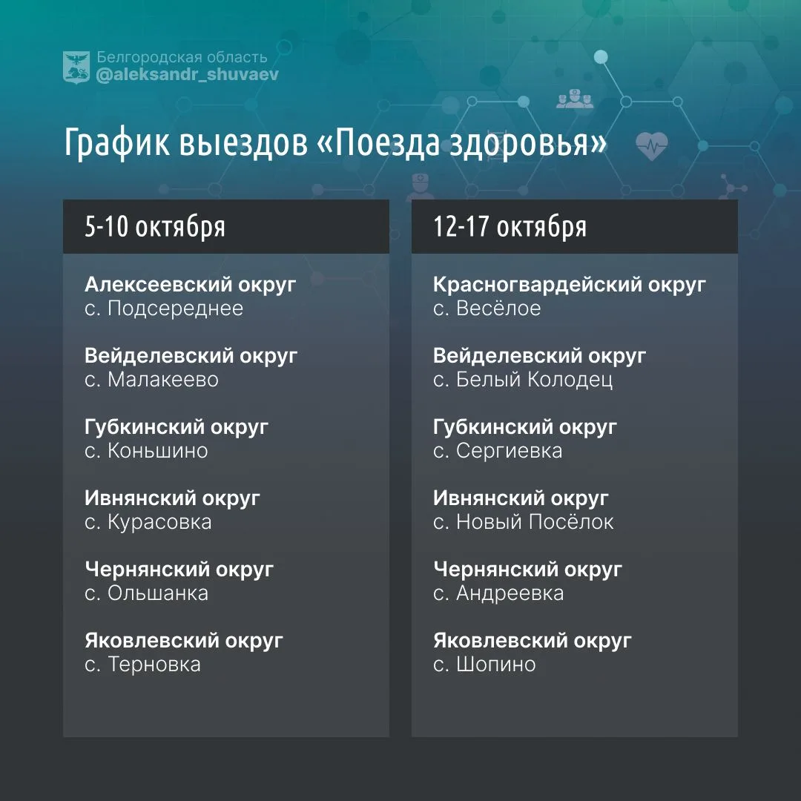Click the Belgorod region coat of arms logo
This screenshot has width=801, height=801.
click(x=76, y=67)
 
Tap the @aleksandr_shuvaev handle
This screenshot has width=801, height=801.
click(x=188, y=75)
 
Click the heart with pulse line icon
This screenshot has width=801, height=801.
click(x=652, y=146)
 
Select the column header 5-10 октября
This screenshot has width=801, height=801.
click(x=155, y=227)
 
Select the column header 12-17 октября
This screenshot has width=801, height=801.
click(x=510, y=227)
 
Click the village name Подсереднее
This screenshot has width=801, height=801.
click(x=175, y=309)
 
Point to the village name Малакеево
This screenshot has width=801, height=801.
click(x=163, y=380)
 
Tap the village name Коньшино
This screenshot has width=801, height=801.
click(x=158, y=451)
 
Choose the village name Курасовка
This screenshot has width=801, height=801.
click(x=159, y=522)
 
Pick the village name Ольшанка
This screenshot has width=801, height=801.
click(x=158, y=593)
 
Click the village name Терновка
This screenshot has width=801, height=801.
click(x=154, y=664)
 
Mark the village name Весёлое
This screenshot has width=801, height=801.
click(x=498, y=309)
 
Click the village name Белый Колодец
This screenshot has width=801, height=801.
click(x=534, y=380)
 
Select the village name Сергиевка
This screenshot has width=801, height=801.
click(x=510, y=451)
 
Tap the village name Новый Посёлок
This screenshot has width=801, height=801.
click(x=535, y=522)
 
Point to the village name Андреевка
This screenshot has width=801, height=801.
click(x=510, y=593)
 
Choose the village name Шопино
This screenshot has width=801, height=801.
click(x=496, y=664)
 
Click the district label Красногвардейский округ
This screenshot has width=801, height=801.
click(x=570, y=285)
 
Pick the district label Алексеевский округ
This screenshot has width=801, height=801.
click(x=191, y=285)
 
